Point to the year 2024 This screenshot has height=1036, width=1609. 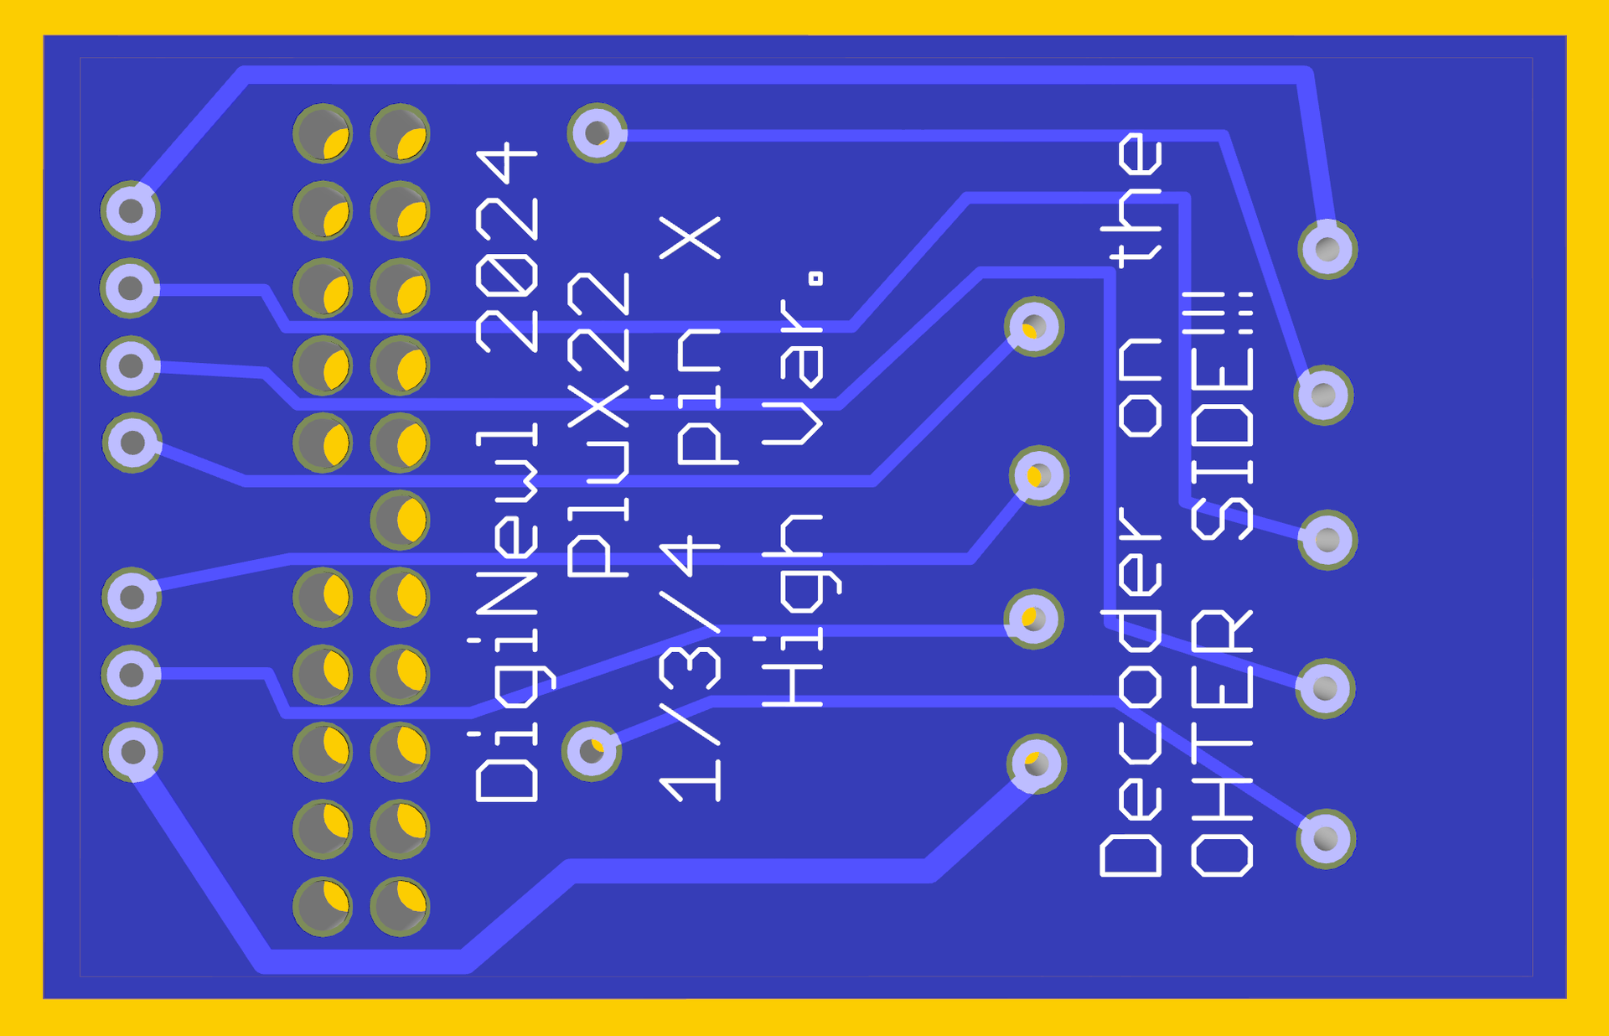507,248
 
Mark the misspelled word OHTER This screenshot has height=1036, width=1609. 1221,743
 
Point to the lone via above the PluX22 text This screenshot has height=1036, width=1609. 597,132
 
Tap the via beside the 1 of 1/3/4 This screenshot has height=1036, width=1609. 592,751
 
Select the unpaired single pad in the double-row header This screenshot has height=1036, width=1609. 400,520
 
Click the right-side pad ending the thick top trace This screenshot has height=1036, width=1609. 1327,249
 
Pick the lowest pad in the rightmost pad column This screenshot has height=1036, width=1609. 1326,838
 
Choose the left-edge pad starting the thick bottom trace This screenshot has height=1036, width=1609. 132,752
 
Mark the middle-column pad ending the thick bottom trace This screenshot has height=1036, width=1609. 1036,764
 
